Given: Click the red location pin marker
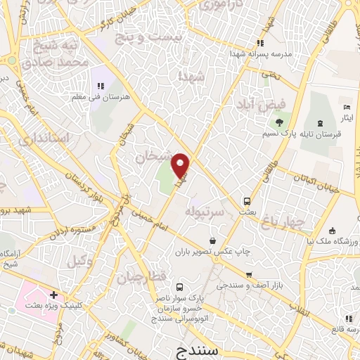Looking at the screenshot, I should tap(181, 165).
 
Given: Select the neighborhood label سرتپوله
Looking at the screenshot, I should tap(203, 211).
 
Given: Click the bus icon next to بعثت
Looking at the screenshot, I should tap(247, 200).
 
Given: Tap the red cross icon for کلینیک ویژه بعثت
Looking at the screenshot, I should tap(53, 295).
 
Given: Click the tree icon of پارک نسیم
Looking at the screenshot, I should tap(279, 122).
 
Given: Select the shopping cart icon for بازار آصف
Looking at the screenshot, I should tap(249, 274).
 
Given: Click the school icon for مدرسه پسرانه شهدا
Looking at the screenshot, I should tap(261, 44).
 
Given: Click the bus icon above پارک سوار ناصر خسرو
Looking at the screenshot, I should tap(179, 287).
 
